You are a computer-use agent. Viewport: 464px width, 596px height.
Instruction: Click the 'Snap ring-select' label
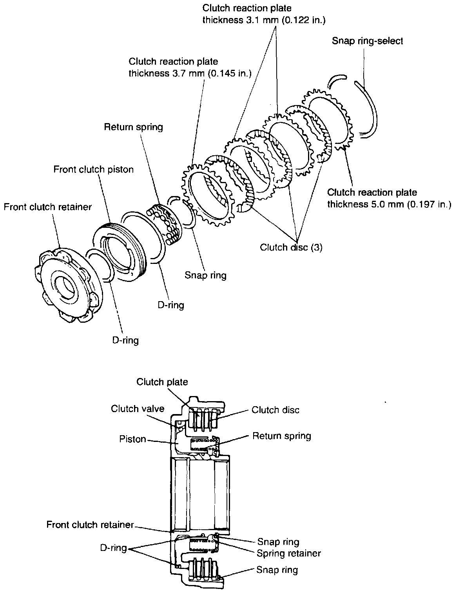coord(367,41)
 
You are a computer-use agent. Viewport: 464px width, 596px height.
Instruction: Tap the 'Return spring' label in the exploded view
coord(133,127)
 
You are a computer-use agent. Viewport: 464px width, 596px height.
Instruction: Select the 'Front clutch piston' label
coord(94,169)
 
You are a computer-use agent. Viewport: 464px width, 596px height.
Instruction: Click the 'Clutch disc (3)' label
coord(291,247)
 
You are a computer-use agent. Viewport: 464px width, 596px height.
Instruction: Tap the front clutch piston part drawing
coord(119,251)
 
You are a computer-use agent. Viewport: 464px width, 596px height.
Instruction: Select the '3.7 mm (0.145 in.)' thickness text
coord(190,73)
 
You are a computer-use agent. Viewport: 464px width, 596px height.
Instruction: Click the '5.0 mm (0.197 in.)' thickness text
coord(389,204)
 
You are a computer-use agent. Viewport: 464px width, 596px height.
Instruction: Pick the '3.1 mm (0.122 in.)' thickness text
coord(264,20)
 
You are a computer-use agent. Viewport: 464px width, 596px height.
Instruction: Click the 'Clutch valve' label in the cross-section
coord(138,409)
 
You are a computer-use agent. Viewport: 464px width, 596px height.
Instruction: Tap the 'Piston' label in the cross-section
coord(132,439)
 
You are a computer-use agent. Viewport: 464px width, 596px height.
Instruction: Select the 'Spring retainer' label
coord(289,553)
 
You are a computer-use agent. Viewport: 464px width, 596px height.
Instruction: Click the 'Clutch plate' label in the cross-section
coord(162,382)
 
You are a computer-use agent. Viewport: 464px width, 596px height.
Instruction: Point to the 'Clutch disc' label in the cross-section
coord(275,410)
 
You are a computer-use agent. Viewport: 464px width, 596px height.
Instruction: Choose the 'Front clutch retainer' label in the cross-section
coord(90,525)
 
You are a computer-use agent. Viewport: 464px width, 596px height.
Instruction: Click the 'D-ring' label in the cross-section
coord(113,548)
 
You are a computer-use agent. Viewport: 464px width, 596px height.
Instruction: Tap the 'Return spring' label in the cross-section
coord(282,436)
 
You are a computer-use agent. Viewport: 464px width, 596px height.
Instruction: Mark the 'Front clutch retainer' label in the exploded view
coord(48,207)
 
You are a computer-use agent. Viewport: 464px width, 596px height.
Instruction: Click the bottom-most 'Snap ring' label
coord(277,570)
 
